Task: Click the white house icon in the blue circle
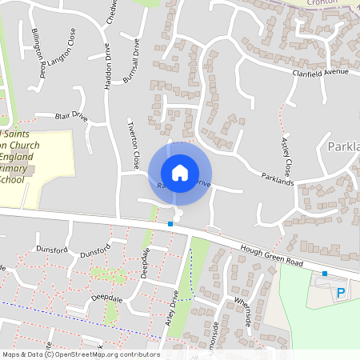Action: (179, 173)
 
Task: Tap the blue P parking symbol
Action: (341, 294)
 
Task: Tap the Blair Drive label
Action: (71, 117)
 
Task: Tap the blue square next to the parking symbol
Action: (324, 274)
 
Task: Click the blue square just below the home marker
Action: (170, 225)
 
